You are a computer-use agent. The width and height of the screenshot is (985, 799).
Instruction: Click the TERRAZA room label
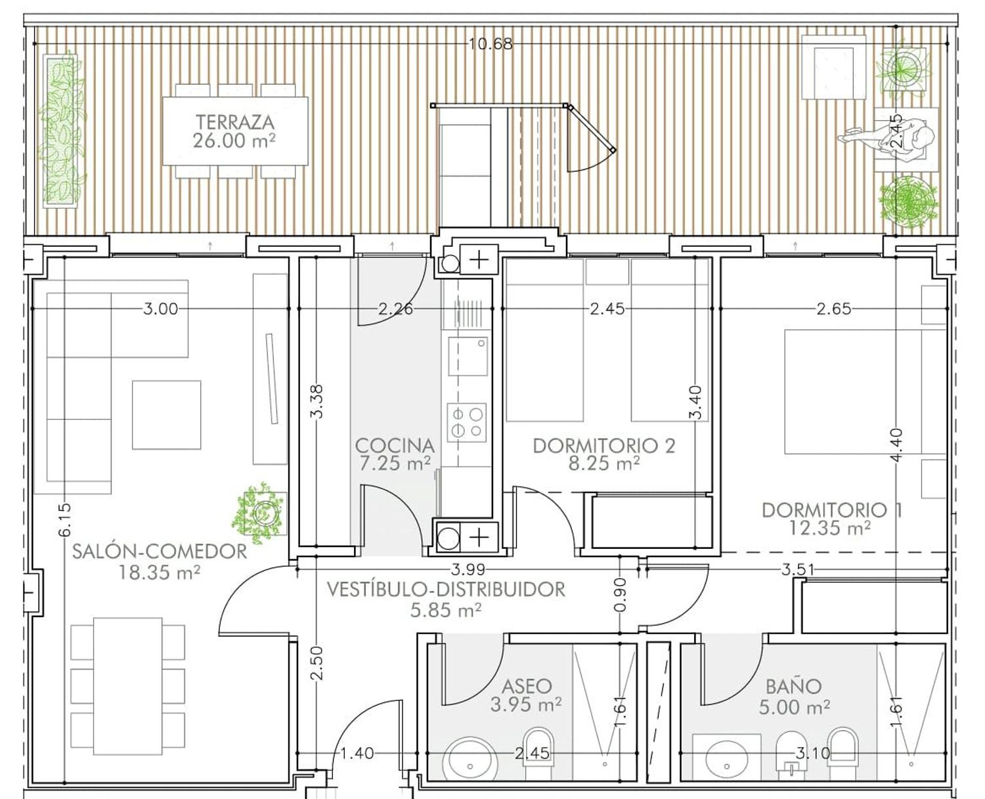point(235,122)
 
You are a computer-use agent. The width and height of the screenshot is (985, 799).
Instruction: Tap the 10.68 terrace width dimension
point(491,44)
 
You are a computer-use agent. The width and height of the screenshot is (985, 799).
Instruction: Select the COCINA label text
point(395,446)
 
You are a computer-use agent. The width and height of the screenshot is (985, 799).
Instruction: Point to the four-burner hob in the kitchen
point(467,422)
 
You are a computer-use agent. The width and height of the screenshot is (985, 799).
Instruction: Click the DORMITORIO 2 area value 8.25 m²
point(604,463)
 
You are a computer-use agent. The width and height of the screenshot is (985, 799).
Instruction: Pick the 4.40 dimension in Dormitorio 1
point(896,445)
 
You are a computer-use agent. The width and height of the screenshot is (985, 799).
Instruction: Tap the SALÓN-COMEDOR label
point(160,551)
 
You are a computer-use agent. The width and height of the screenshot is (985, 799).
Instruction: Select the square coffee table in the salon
point(167,415)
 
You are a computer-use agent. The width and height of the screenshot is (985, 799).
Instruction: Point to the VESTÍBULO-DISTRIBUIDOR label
point(446,590)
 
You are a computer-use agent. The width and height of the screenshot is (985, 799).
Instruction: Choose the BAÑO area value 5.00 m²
point(794,707)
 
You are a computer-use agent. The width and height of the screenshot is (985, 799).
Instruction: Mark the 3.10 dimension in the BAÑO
point(812,754)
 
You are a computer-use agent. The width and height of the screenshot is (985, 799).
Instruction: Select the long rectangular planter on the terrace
point(60,131)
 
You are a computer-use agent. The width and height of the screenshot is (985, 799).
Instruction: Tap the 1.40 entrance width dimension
point(357,754)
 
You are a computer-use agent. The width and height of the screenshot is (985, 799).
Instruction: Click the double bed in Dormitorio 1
point(865,392)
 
